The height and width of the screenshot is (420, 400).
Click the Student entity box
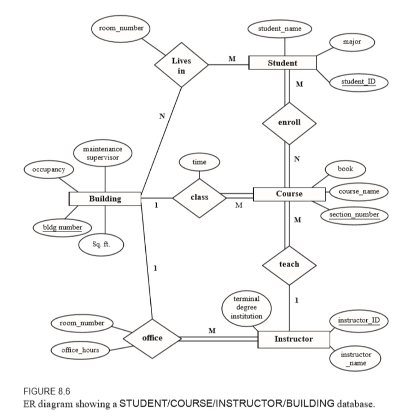[x=283, y=63]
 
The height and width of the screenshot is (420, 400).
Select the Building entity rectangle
[x=105, y=199]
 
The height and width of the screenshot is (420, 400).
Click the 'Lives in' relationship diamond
[x=181, y=65]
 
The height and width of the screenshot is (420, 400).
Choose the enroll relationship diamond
[x=289, y=122]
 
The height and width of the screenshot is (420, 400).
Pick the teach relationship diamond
[x=289, y=265]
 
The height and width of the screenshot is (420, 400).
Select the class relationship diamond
[x=200, y=197]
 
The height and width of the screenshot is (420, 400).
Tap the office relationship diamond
[x=152, y=338]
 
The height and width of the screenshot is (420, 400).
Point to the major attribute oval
[x=353, y=42]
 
